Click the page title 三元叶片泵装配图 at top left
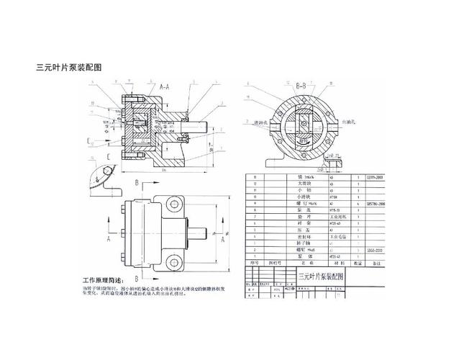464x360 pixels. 68,68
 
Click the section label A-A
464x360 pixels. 164,86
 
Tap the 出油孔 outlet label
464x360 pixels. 355,122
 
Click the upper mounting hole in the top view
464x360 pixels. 175,204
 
